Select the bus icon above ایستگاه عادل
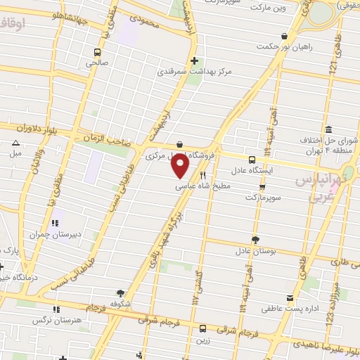tap(252, 160)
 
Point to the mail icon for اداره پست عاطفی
tap(290, 299)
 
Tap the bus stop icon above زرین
tap(202, 328)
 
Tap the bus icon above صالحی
tap(97, 52)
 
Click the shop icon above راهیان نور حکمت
tap(283, 36)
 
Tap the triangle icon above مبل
tap(15, 143)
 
